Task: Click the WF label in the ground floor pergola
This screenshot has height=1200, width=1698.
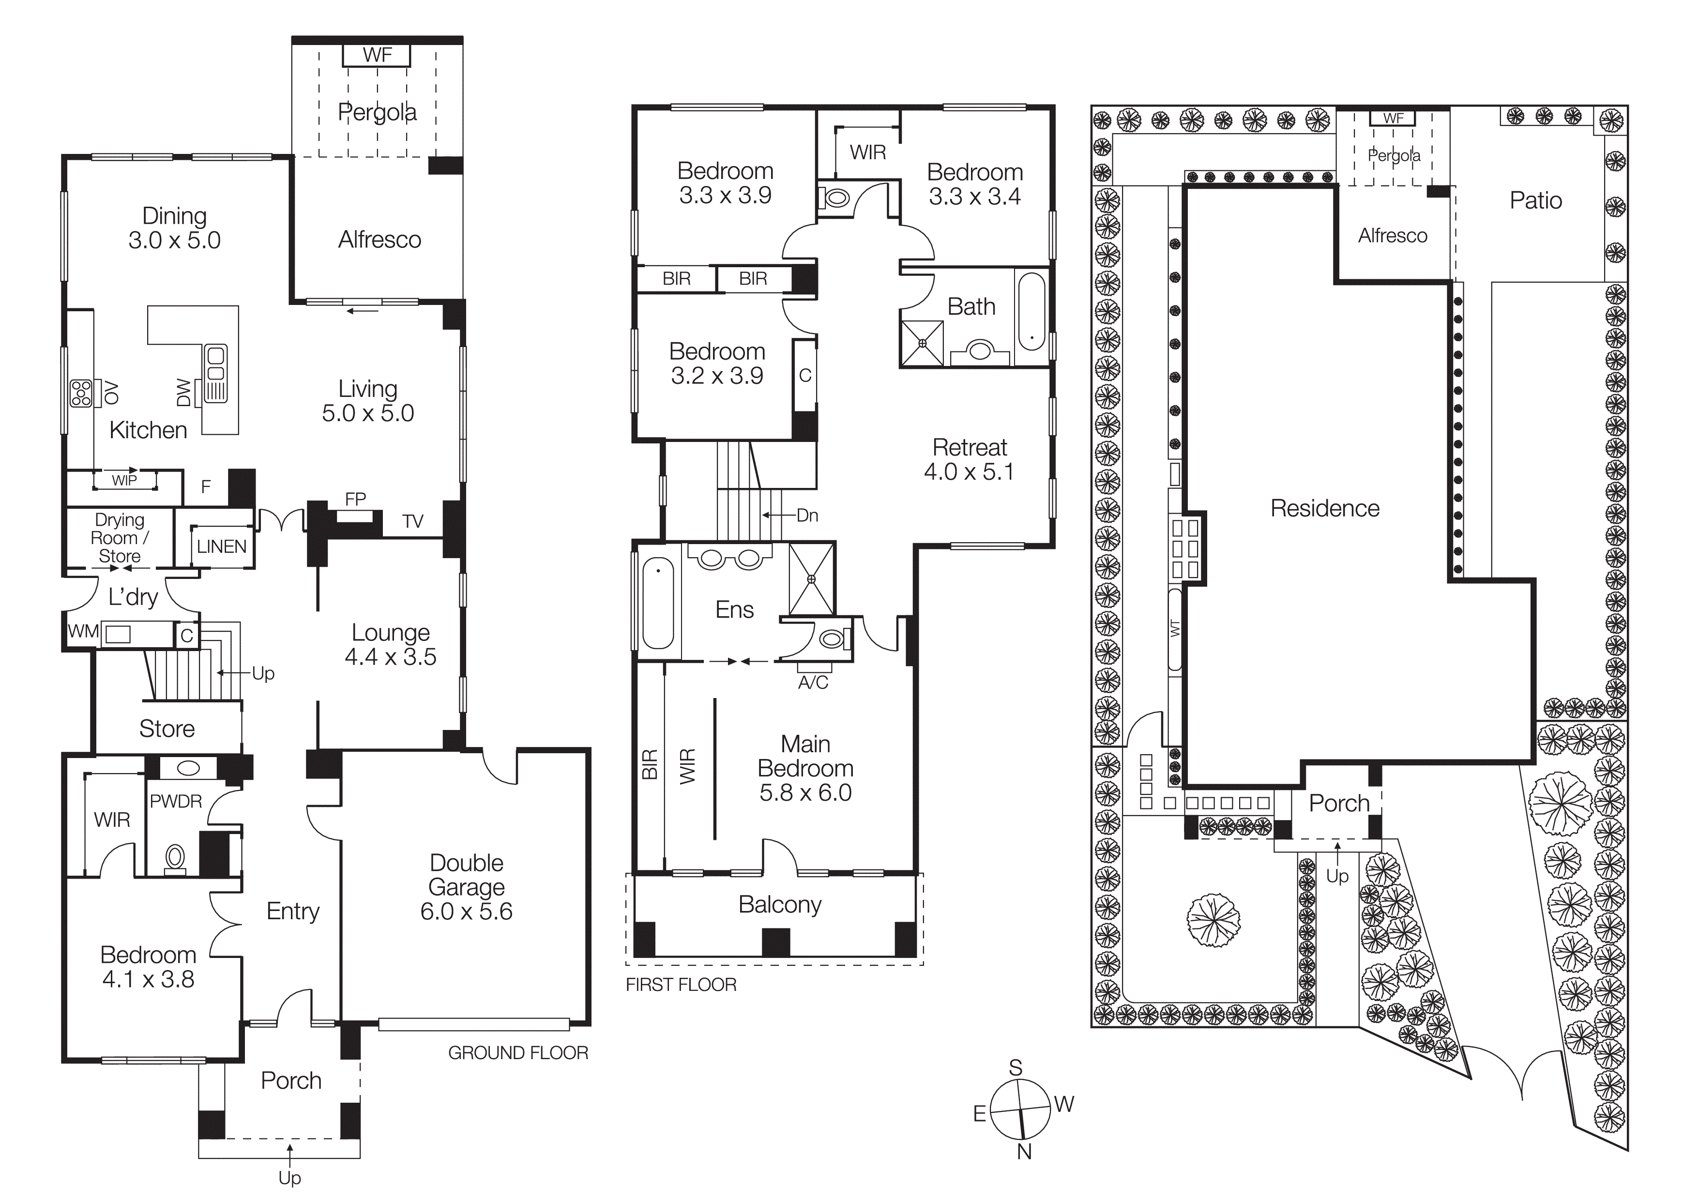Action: (377, 55)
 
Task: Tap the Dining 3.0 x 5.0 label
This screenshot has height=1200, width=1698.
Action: (175, 228)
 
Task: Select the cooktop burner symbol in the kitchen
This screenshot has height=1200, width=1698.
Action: (81, 394)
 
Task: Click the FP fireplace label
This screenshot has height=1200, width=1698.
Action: (355, 499)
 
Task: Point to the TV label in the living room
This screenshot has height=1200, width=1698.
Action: (413, 521)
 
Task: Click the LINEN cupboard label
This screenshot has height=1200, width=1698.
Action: (221, 547)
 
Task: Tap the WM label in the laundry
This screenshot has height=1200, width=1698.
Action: (83, 631)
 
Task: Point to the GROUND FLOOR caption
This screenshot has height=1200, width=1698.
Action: (518, 1052)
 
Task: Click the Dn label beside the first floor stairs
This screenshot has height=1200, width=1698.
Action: (807, 516)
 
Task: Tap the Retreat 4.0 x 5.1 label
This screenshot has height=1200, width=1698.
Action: (969, 459)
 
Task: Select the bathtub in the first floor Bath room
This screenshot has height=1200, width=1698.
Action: (1031, 311)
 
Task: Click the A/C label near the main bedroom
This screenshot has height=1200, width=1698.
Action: (813, 683)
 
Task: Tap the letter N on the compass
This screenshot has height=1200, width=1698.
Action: (1024, 1151)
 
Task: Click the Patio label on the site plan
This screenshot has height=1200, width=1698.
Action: (1535, 200)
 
